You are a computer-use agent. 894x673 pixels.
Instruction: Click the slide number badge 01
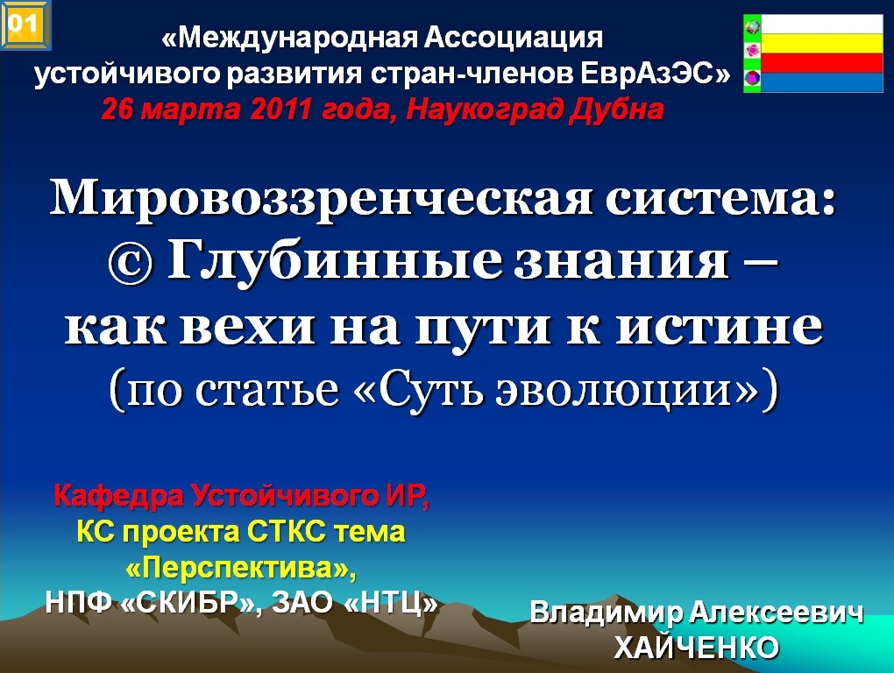[25, 25]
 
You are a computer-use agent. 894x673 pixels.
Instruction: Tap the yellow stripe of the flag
[822, 44]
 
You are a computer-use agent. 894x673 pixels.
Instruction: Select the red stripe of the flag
[822, 63]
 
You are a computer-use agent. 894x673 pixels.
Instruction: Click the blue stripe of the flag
[822, 82]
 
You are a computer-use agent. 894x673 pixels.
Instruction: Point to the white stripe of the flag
[822, 25]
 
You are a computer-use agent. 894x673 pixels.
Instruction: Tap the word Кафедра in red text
[119, 496]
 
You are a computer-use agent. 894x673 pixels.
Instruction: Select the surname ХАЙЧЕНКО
[696, 648]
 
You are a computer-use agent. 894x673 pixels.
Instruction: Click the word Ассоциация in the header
[514, 39]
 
